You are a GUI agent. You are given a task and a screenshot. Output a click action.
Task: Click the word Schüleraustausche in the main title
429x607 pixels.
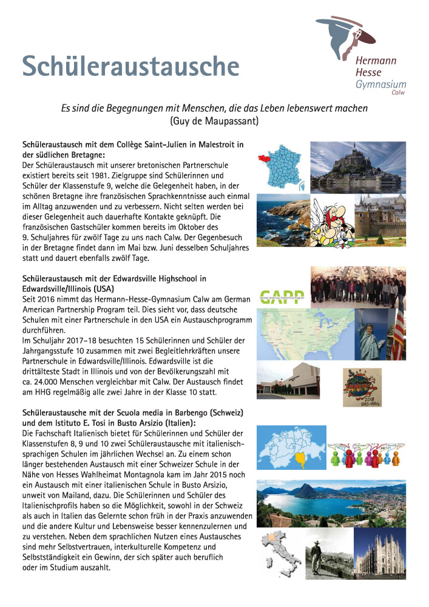coord(130,66)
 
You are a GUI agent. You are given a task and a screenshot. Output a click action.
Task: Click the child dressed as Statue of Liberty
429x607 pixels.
coord(372,341)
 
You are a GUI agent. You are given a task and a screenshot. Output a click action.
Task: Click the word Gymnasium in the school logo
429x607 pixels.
coord(380,84)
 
